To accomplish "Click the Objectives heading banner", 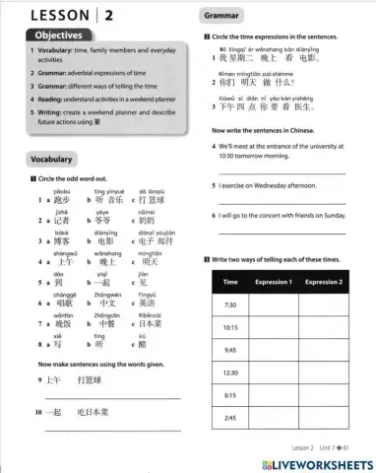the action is pyautogui.click(x=49, y=35).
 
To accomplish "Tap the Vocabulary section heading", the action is pyautogui.click(x=52, y=159).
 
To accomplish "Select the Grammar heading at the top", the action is pyautogui.click(x=225, y=17).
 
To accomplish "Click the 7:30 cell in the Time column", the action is pyautogui.click(x=230, y=304).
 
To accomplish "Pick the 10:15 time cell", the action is pyautogui.click(x=230, y=327).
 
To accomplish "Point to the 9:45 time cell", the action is pyautogui.click(x=230, y=350).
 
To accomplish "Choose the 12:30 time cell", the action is pyautogui.click(x=230, y=372).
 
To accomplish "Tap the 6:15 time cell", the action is pyautogui.click(x=230, y=395).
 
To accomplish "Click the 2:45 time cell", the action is pyautogui.click(x=230, y=418).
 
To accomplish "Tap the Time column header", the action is pyautogui.click(x=230, y=282).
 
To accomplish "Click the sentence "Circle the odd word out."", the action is pyautogui.click(x=69, y=176).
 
